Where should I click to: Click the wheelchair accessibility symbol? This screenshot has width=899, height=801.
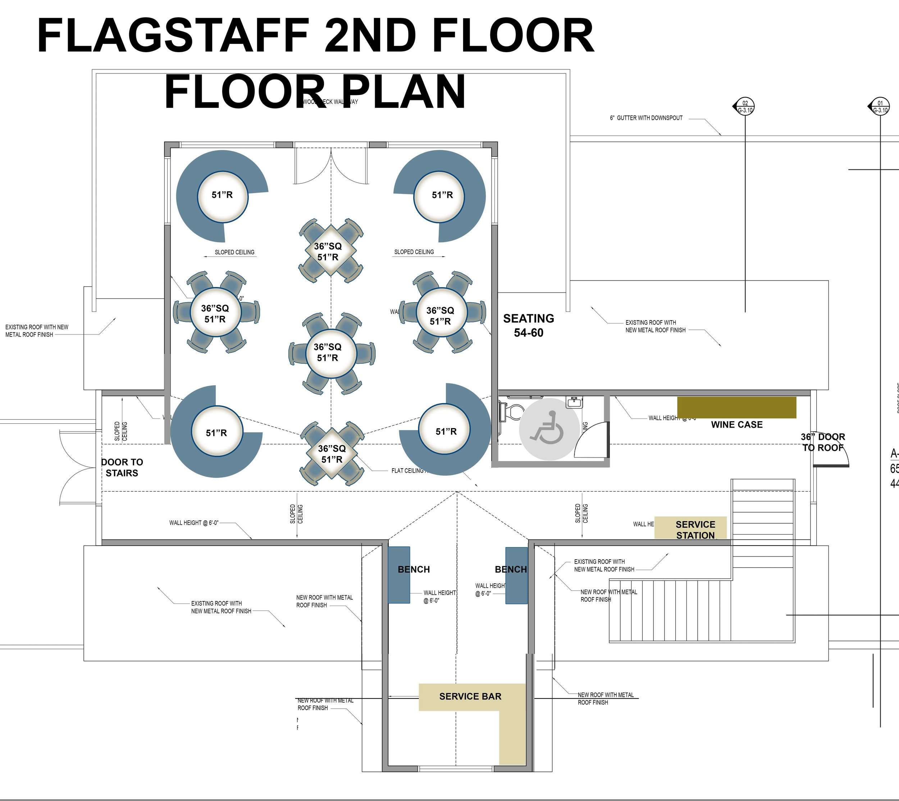549,429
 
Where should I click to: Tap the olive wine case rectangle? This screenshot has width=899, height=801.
736,407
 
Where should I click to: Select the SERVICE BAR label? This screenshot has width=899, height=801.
470,696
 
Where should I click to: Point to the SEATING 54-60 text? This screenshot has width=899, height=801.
529,325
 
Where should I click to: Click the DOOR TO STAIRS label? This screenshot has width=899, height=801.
122,467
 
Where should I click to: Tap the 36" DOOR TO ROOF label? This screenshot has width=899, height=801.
822,442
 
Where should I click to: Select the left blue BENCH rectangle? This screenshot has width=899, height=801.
399,575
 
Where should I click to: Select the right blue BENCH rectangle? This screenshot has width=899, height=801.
516,575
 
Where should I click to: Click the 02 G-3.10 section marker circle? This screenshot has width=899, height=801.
745,106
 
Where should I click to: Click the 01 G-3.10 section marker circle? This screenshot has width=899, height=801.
880,106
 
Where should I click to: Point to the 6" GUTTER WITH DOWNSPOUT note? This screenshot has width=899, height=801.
646,118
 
